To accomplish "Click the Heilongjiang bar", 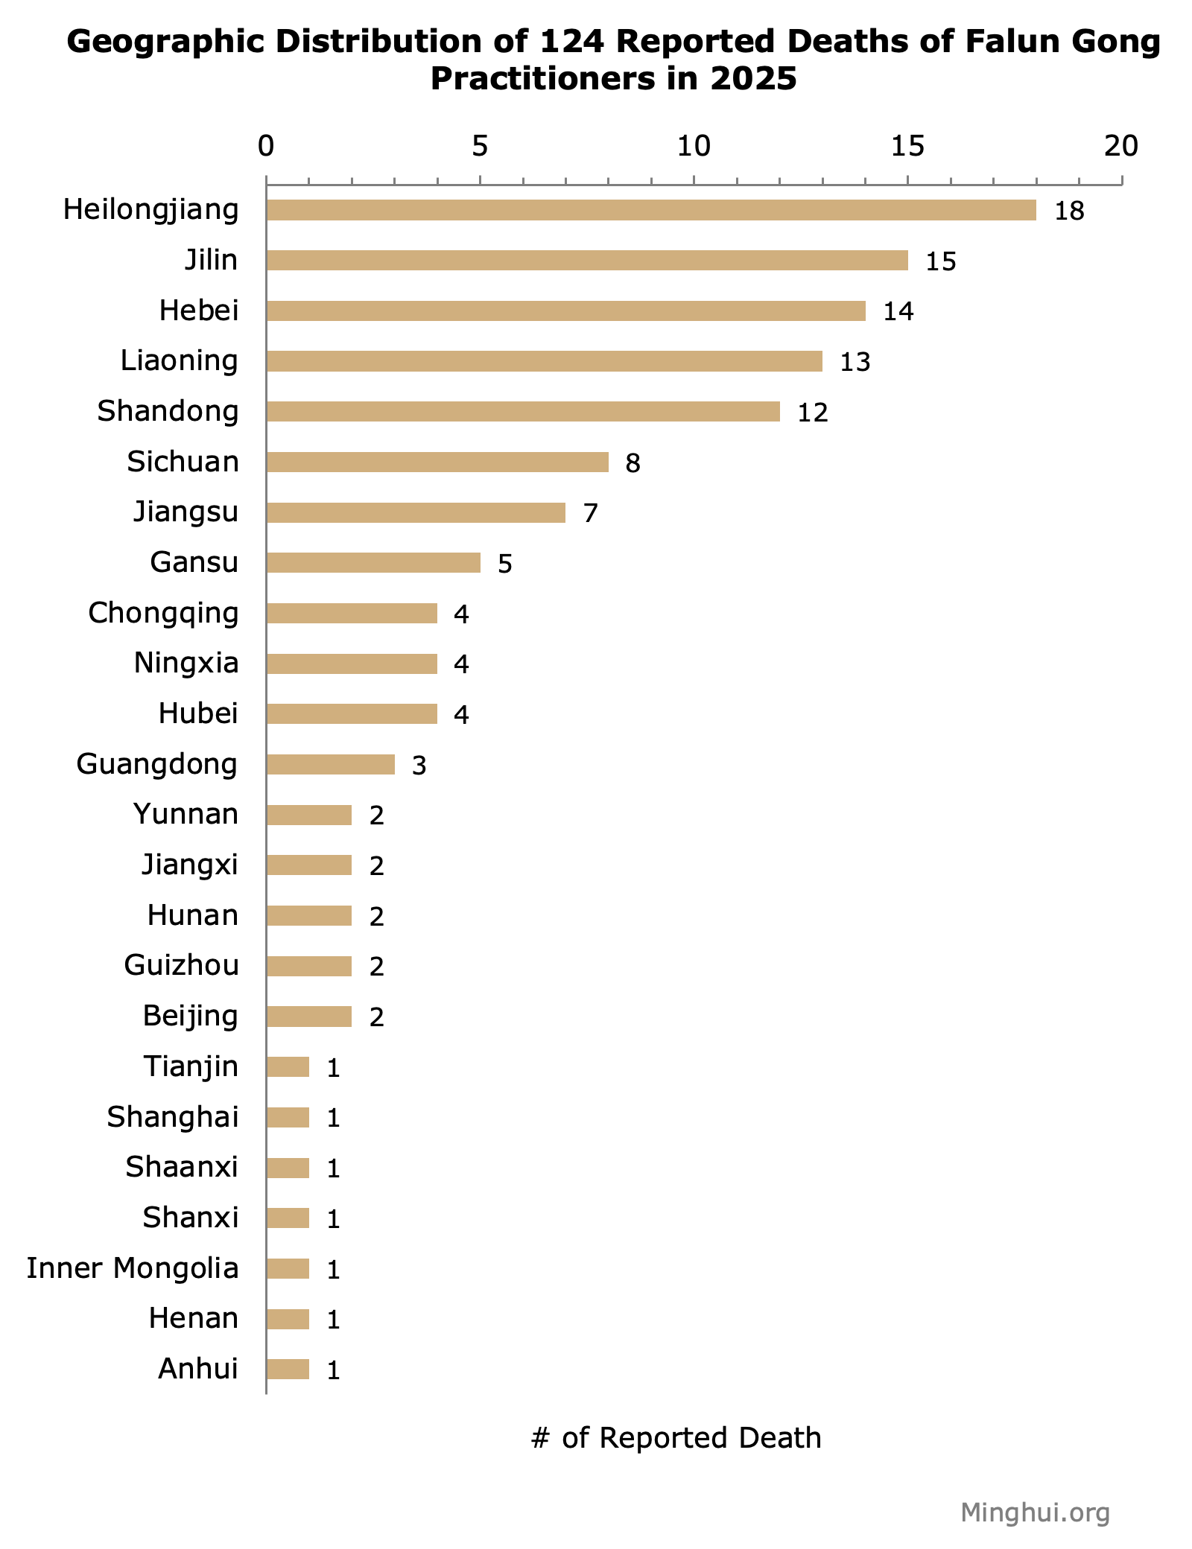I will [x=650, y=210].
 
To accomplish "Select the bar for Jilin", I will [x=586, y=260].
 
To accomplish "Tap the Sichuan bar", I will [x=437, y=462].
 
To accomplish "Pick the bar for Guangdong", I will [x=330, y=764].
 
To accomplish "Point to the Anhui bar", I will [x=288, y=1369].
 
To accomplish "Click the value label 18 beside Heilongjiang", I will [x=1069, y=211].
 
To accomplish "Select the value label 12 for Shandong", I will [x=812, y=413].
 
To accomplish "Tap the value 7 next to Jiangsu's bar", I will [x=590, y=513].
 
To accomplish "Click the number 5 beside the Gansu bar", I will [x=504, y=564].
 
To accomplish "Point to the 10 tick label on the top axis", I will [x=694, y=147].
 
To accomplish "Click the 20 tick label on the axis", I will [x=1120, y=147].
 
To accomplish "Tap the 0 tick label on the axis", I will [x=266, y=147].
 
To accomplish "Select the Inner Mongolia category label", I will [x=133, y=1267].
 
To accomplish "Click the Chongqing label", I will [x=163, y=613].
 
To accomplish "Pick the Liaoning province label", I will [x=179, y=360].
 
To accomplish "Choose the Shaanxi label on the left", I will [x=181, y=1167].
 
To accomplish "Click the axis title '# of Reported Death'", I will [x=676, y=1438].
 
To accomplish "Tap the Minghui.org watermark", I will [x=1035, y=1513].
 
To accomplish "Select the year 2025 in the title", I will [x=753, y=79].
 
